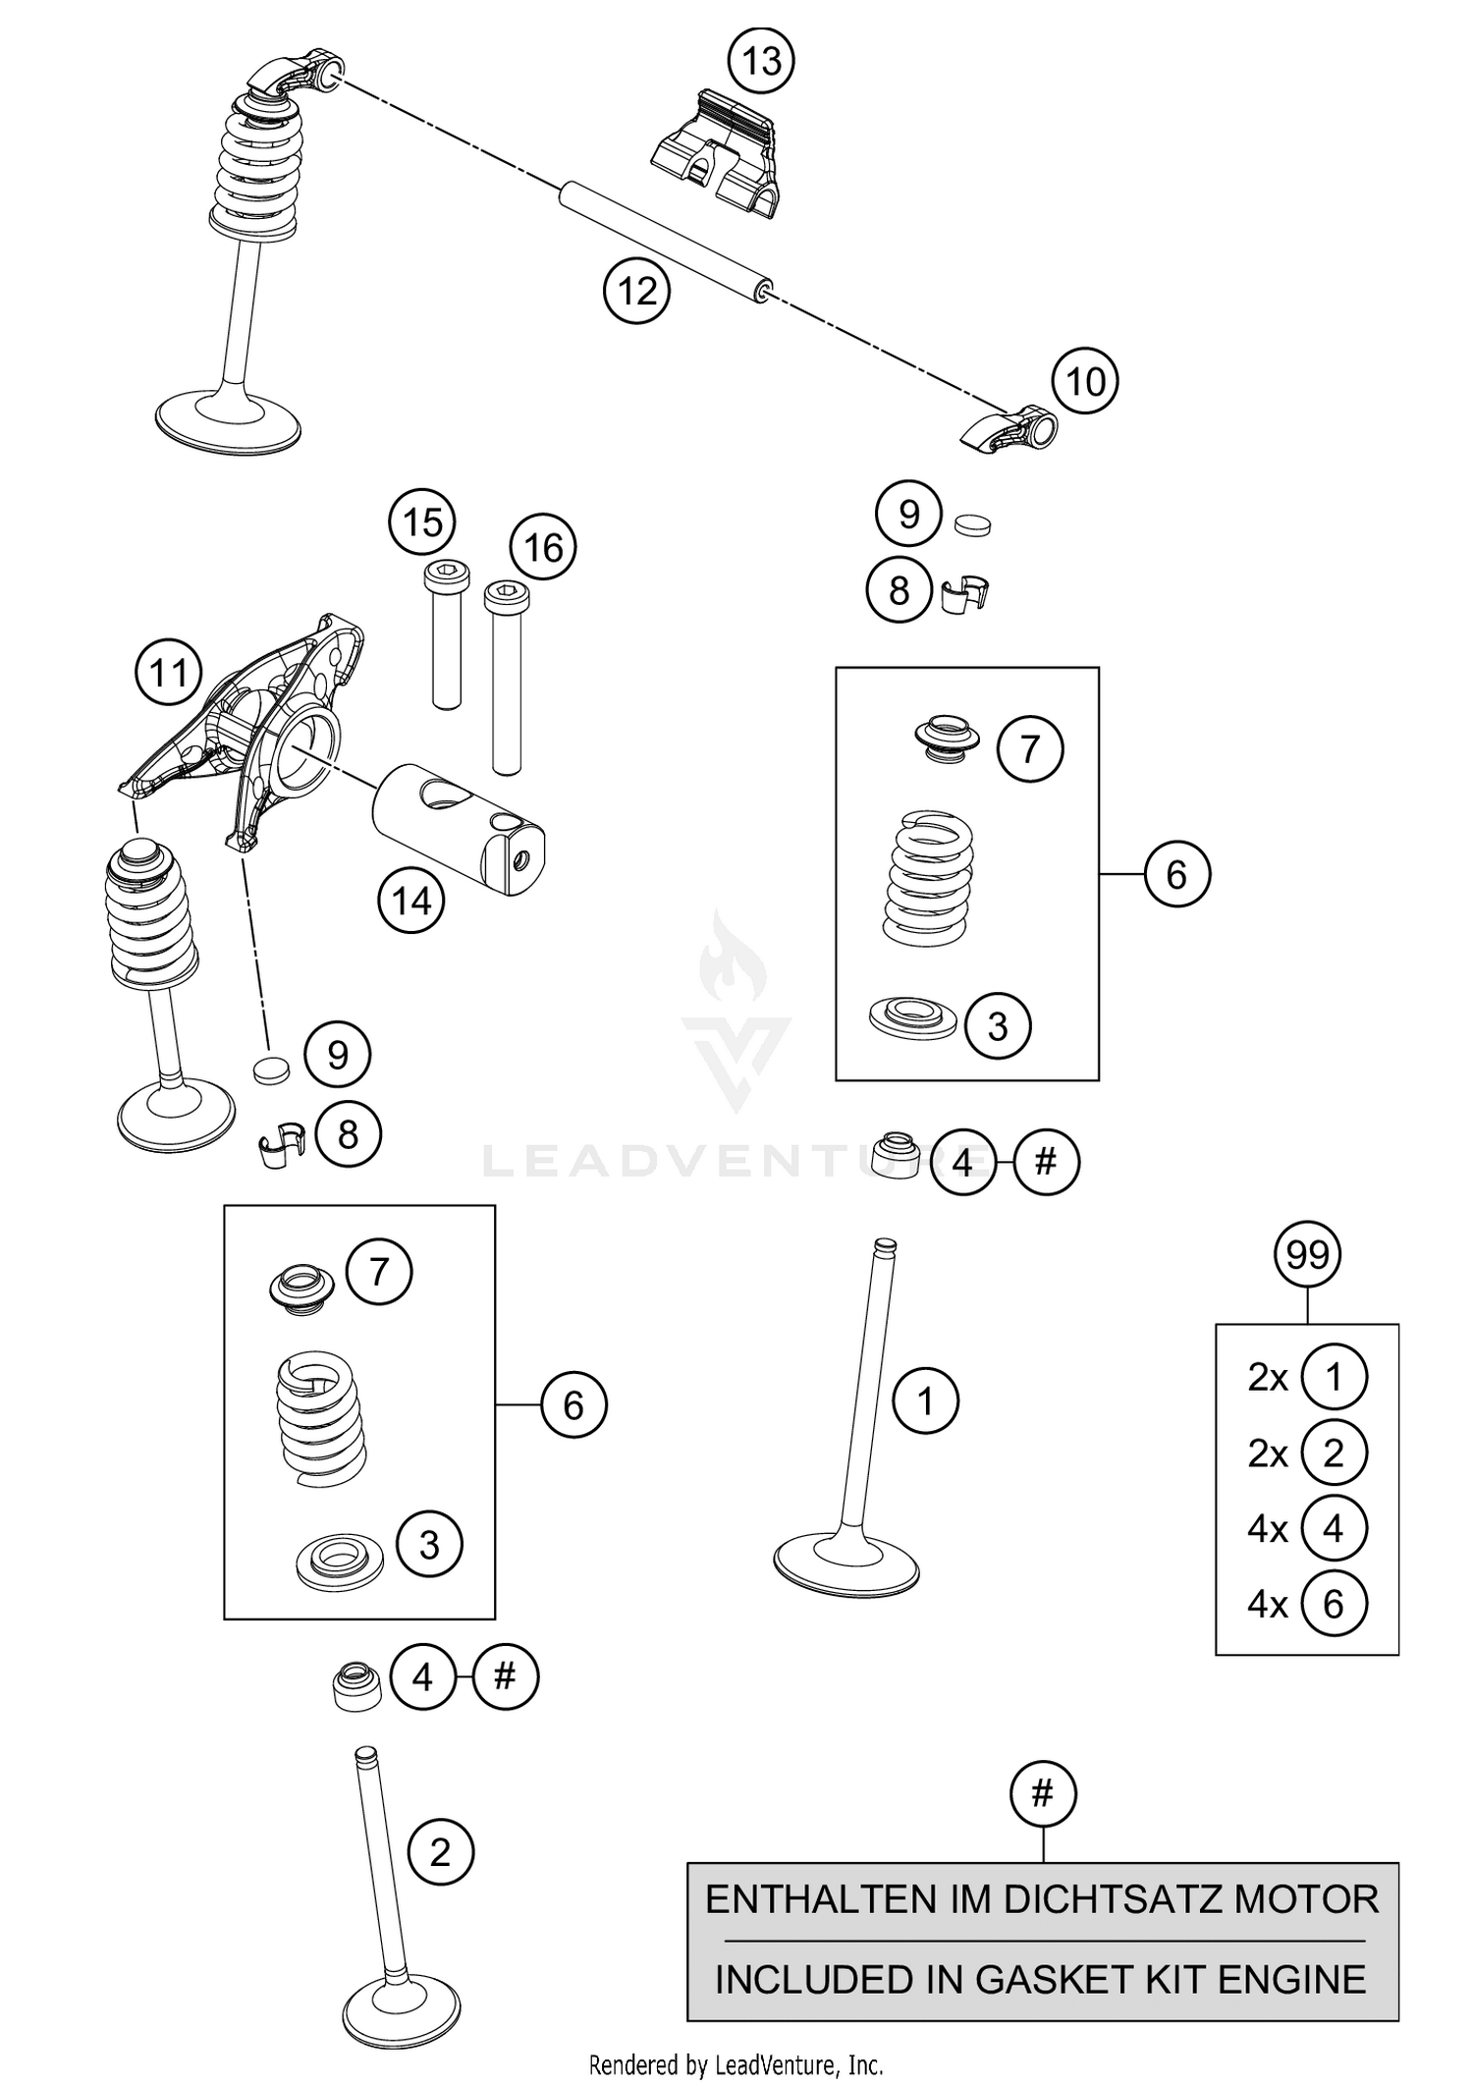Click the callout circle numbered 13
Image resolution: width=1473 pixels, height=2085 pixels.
[761, 62]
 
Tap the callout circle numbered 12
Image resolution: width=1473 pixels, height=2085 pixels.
[636, 292]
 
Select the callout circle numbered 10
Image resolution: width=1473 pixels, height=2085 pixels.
[1085, 381]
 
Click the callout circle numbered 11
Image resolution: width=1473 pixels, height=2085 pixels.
[168, 674]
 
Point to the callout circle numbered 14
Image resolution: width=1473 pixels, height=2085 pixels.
[411, 901]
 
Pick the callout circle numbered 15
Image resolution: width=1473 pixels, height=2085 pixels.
[422, 522]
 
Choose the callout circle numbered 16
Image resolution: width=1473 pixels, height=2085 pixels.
[543, 548]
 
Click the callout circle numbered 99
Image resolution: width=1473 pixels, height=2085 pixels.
[1307, 1255]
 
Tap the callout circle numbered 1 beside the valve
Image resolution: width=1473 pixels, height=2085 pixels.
[925, 1400]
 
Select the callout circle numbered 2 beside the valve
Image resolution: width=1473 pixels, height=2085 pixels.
[440, 1853]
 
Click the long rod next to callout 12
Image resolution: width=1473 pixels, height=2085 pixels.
[664, 243]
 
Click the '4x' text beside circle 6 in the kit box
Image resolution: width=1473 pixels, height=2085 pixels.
[1267, 1605]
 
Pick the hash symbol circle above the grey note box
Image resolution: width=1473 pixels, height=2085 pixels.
[1043, 1794]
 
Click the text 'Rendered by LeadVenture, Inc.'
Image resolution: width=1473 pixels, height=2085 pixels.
[736, 2064]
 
